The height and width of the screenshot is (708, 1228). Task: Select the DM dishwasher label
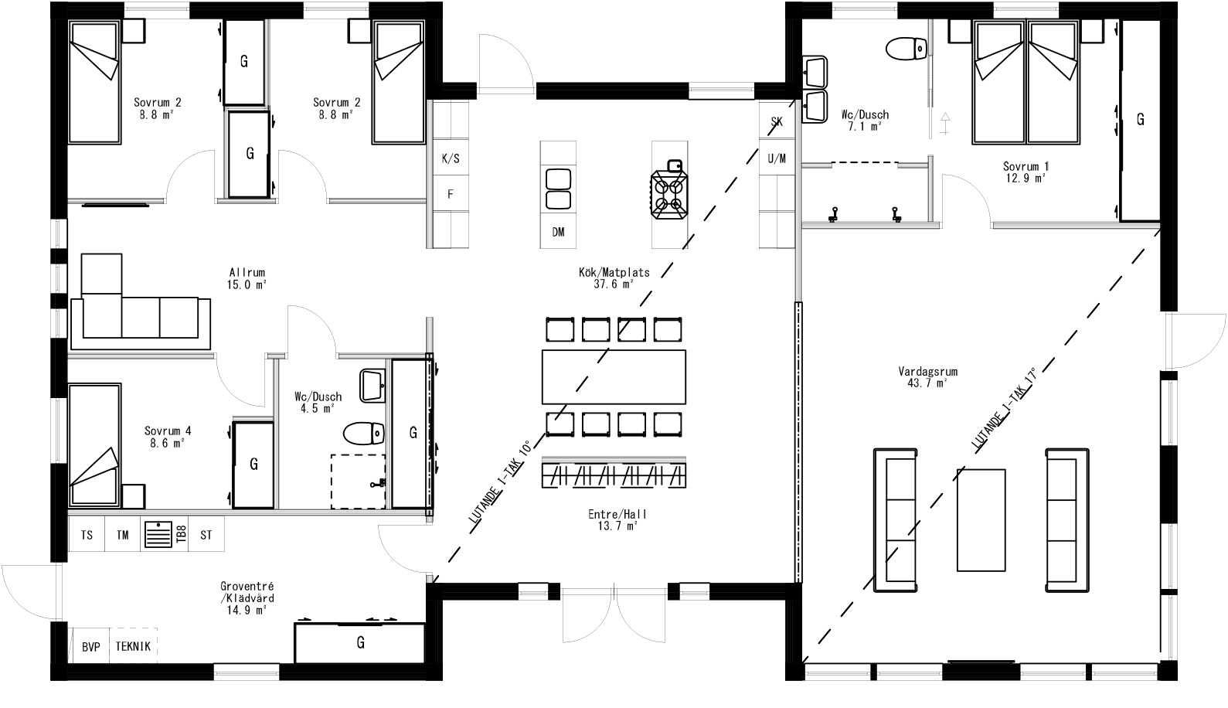coord(558,232)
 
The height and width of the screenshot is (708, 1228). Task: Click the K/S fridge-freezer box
coord(451,158)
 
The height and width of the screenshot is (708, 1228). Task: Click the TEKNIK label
coord(134,646)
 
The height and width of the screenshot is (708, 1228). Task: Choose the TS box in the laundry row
coord(87,535)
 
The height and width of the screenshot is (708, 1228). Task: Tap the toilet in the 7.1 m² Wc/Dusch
coord(905,49)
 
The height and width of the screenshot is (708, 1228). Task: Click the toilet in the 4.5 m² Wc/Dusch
coord(363,434)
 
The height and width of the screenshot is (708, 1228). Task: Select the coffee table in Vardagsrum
coord(981,519)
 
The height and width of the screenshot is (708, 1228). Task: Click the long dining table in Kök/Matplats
coord(614,377)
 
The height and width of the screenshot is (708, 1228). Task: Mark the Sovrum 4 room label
coord(167,437)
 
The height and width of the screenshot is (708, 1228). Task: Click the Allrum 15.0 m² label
coord(247,278)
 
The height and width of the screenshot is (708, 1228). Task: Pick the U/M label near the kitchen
coord(777,158)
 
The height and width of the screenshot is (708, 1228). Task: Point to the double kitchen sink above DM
coord(558,189)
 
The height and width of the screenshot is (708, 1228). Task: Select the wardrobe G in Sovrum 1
coord(1140,120)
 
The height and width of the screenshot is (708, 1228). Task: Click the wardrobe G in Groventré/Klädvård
coord(360,642)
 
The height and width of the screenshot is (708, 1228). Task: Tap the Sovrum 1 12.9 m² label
coord(1026,172)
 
